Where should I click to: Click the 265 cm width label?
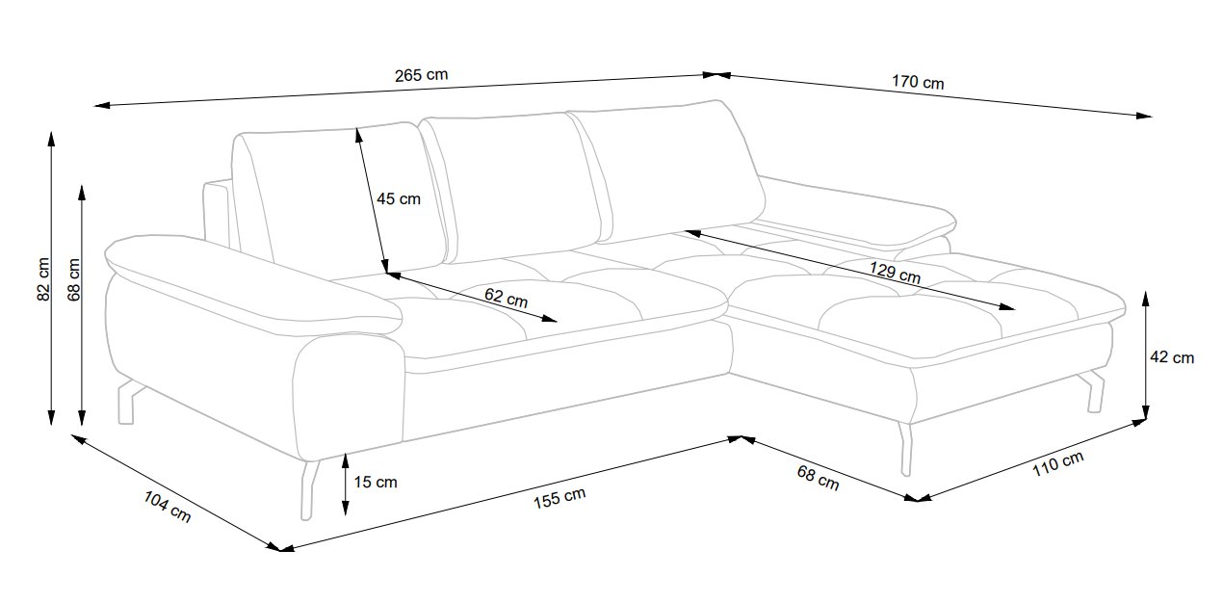point(421,75)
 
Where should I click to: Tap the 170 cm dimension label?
point(918,82)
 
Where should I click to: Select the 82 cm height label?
point(43,278)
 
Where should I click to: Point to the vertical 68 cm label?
point(74,279)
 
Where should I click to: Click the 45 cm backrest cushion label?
point(399,198)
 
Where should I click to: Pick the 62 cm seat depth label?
point(507,298)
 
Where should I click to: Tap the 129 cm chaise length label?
point(895,272)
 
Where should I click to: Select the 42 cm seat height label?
point(1172,357)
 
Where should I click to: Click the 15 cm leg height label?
point(376,482)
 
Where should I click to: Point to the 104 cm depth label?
point(167,507)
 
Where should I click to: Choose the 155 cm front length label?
point(559,498)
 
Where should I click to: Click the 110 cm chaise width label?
point(1057,463)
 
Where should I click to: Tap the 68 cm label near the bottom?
point(818,477)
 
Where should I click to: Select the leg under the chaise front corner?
point(904,449)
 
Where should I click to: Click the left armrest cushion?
point(252,284)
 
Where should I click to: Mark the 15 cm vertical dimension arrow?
point(345,484)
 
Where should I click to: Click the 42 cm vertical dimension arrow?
point(1145,355)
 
